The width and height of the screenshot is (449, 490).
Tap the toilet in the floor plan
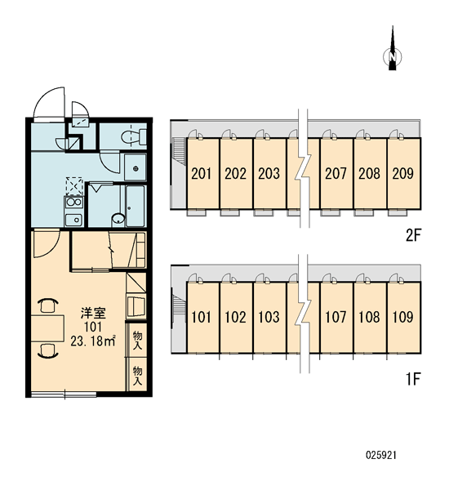click(x=133, y=136)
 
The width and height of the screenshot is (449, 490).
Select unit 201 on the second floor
click(x=202, y=173)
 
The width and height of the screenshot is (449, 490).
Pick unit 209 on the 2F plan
click(x=404, y=173)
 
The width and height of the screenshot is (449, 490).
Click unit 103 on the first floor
click(x=269, y=317)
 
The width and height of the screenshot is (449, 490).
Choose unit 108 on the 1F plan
click(x=370, y=317)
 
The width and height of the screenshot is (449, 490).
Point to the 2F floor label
click(x=413, y=236)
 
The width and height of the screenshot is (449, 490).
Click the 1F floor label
click(x=413, y=380)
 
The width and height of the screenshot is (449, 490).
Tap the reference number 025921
click(x=381, y=455)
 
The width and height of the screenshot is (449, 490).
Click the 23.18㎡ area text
click(x=93, y=341)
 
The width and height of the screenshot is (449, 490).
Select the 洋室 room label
click(x=93, y=314)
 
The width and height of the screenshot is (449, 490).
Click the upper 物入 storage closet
click(x=137, y=340)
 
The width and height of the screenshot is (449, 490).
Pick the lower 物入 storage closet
click(x=137, y=375)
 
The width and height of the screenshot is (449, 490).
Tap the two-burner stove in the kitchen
click(x=74, y=202)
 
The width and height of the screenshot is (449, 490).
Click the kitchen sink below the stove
click(x=74, y=220)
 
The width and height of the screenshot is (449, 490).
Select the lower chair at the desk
click(x=48, y=350)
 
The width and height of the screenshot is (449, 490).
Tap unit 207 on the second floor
click(x=336, y=173)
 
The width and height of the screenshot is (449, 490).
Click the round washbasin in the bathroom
click(x=118, y=220)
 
